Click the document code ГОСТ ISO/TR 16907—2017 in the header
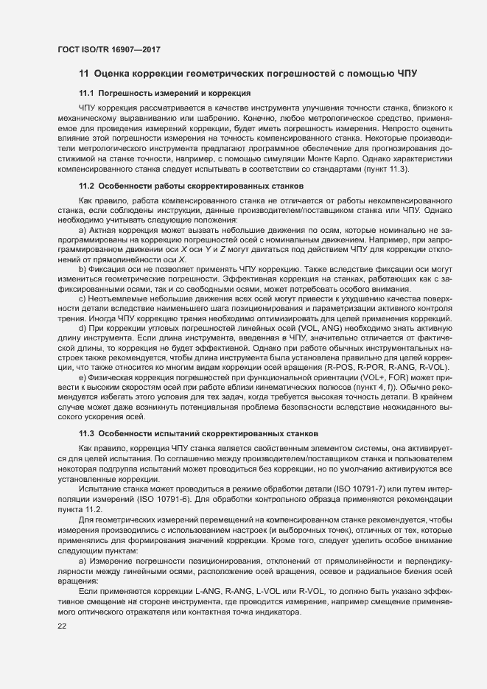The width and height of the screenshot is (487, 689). [109, 49]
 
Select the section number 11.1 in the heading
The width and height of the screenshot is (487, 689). [86, 94]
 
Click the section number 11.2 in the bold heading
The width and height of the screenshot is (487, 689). [86, 187]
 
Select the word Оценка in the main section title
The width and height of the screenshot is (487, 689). [119, 74]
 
